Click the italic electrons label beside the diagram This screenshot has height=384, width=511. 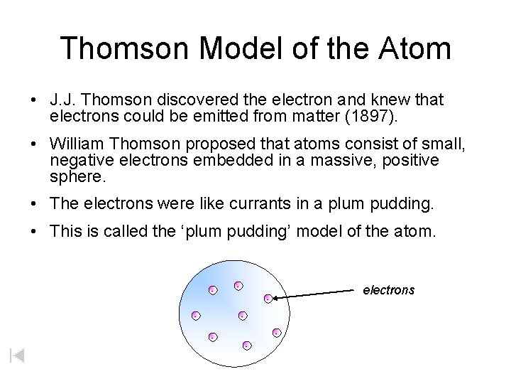(388, 290)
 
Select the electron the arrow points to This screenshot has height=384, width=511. (268, 299)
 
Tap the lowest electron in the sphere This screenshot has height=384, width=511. (246, 346)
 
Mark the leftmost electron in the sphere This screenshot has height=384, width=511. (195, 315)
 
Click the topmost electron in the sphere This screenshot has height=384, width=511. (238, 286)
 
